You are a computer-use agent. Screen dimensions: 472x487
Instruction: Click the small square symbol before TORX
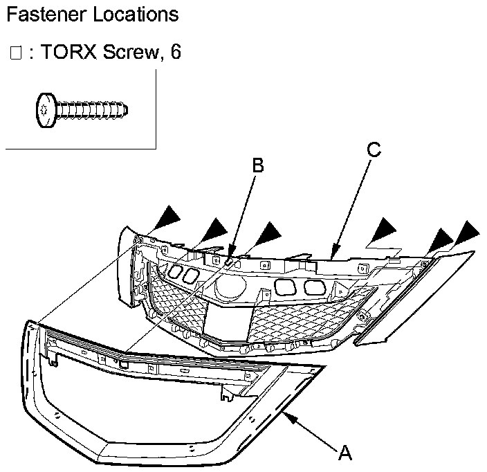[x=17, y=54]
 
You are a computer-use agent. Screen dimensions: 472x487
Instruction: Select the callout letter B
[x=257, y=165]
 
